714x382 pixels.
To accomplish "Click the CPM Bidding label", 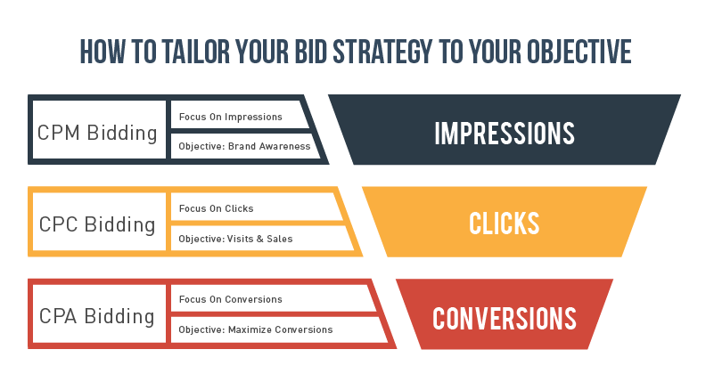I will tap(97, 134).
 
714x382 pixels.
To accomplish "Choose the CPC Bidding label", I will tap(97, 224).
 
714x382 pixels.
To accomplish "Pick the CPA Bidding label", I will tap(97, 315).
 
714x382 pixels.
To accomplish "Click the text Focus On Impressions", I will tap(230, 117).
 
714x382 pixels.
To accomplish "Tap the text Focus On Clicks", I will tap(216, 208).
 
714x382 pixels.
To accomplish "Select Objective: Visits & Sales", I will tap(235, 239).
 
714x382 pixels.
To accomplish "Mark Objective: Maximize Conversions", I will tap(255, 329).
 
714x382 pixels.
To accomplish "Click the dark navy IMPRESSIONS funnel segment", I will tap(505, 132).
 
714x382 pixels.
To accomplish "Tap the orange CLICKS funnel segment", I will tap(505, 223).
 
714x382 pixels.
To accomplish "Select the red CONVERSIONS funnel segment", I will tap(505, 317).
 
